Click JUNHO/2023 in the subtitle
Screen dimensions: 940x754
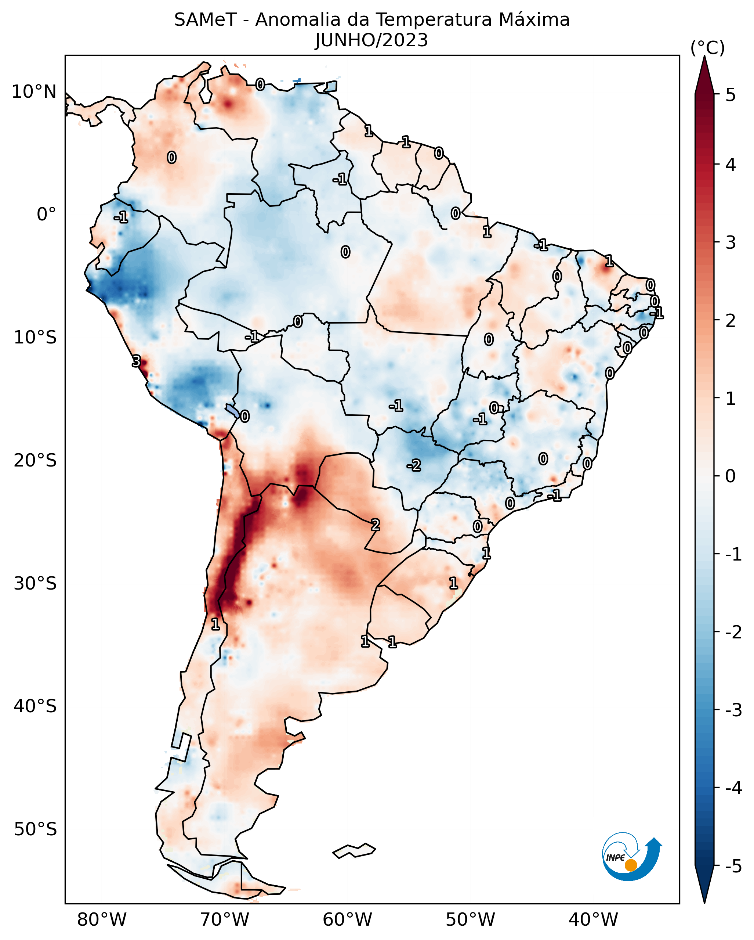coord(371,40)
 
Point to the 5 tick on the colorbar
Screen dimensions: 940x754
coord(731,95)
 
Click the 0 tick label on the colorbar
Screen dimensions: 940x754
coord(731,476)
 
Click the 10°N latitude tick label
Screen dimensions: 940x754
coord(34,92)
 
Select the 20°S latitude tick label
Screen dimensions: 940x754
coord(35,460)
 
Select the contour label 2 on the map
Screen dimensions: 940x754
coord(375,525)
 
